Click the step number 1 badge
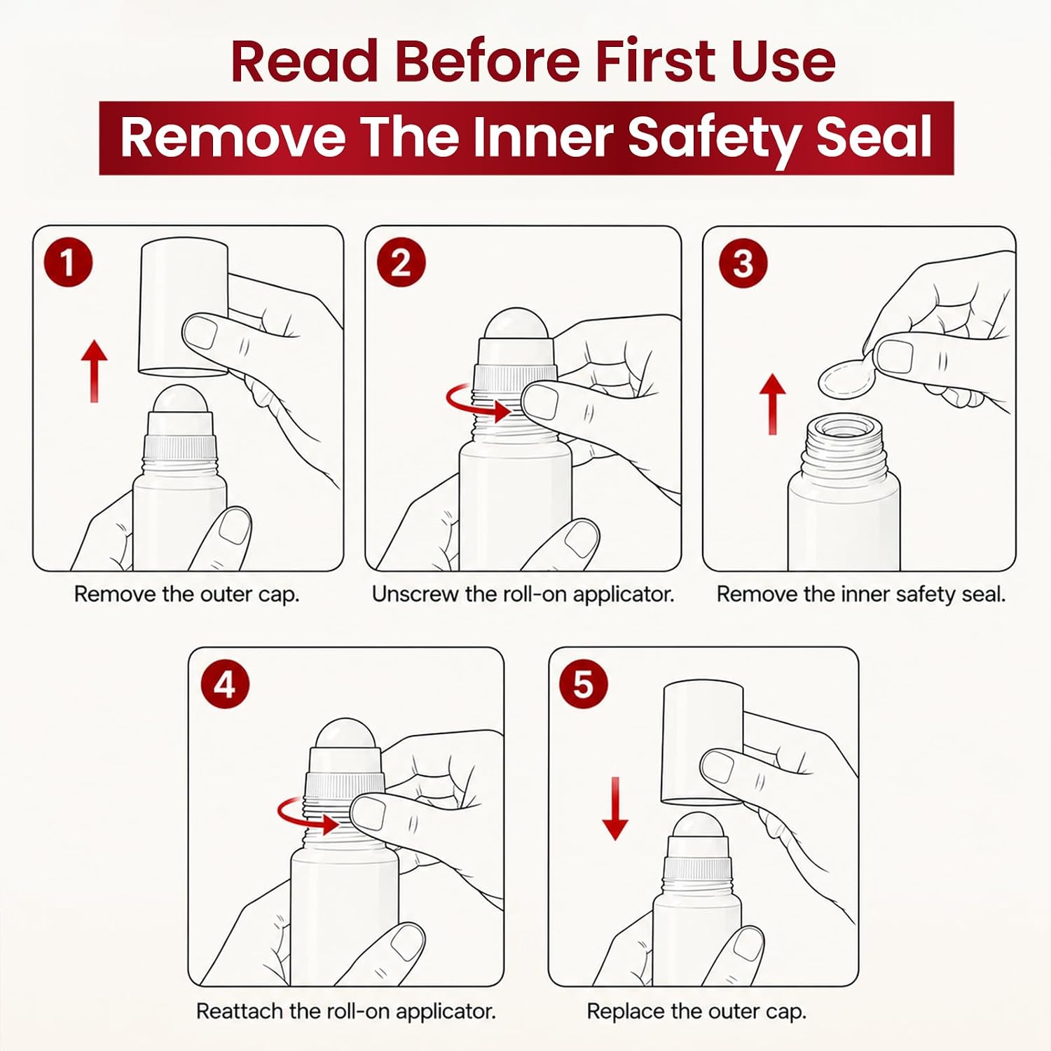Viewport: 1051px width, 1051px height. pyautogui.click(x=68, y=263)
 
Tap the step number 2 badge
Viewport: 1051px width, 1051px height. pyautogui.click(x=401, y=263)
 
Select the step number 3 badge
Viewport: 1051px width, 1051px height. pyautogui.click(x=743, y=263)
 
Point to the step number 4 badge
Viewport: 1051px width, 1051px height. pyautogui.click(x=225, y=684)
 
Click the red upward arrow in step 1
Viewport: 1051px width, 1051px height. pyautogui.click(x=94, y=371)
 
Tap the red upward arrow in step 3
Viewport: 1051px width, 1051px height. pyautogui.click(x=773, y=404)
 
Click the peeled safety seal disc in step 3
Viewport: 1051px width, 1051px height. pyautogui.click(x=846, y=378)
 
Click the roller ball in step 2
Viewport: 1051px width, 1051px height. pyautogui.click(x=516, y=324)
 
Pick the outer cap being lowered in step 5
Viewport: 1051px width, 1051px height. pyautogui.click(x=703, y=743)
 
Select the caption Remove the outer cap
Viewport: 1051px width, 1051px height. pyautogui.click(x=187, y=594)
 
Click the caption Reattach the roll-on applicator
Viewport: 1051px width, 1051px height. pyautogui.click(x=346, y=1011)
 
